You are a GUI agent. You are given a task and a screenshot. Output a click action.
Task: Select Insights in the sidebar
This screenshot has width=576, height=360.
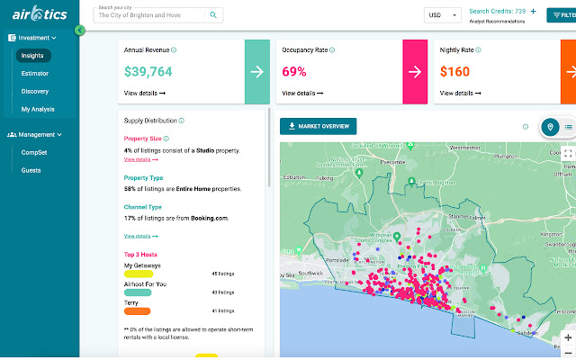[x=32, y=56]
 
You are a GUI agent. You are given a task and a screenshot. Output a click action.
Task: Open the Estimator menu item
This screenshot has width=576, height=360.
[x=35, y=74]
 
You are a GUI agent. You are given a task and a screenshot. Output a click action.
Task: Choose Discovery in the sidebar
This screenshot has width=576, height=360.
[x=35, y=92]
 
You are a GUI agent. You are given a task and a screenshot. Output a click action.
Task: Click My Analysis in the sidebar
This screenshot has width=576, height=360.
[x=38, y=110]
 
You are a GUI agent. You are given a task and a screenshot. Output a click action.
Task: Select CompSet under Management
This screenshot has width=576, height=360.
[x=35, y=152]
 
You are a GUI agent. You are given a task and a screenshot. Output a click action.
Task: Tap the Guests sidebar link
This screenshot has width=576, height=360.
[x=31, y=169]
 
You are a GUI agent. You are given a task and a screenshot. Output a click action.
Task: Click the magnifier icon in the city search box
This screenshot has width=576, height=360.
[x=213, y=15]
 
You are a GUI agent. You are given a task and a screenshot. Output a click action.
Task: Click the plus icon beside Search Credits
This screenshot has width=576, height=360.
[x=533, y=12]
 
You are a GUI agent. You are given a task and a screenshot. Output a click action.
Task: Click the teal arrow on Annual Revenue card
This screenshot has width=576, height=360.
[x=256, y=71]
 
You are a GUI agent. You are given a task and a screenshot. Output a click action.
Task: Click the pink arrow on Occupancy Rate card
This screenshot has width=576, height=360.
[x=414, y=71]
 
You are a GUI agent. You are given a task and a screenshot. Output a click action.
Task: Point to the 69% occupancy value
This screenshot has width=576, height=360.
[x=294, y=71]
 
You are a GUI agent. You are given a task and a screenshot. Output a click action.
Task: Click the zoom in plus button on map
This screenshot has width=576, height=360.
[x=568, y=337]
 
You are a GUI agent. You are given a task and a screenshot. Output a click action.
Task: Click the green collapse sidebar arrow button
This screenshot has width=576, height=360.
[x=80, y=31]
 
